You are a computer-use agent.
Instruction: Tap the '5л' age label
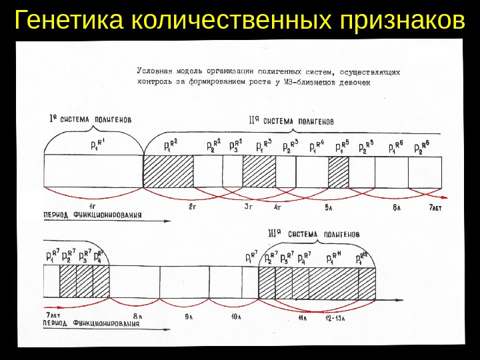coord(329,208)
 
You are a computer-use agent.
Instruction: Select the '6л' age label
coord(396,208)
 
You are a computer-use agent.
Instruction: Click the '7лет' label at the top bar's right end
coord(435,208)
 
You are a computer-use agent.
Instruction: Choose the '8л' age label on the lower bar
coord(137,315)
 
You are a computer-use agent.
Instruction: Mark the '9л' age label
coord(189,315)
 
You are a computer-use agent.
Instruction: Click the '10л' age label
coord(235,316)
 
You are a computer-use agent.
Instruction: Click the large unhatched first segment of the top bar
coord(93,171)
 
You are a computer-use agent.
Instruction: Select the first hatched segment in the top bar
coord(169,171)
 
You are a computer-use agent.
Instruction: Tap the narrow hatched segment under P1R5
coord(338,171)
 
